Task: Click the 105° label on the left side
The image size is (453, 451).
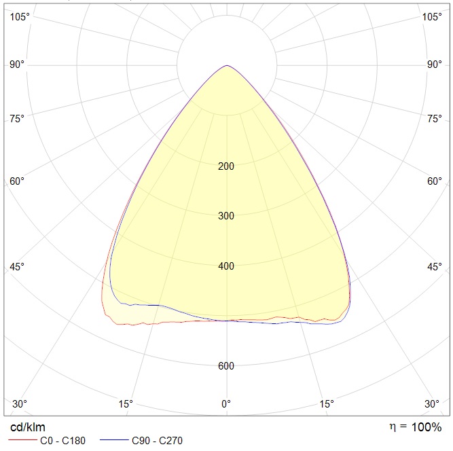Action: [x=20, y=17]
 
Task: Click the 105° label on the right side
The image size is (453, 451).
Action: [x=432, y=17]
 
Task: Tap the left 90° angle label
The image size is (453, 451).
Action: [x=17, y=65]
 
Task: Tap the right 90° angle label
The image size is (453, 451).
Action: [x=435, y=65]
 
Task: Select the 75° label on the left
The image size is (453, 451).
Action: [x=17, y=118]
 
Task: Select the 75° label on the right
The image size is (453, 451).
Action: [x=435, y=118]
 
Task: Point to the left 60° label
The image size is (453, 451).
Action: [x=17, y=181]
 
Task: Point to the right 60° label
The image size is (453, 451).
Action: [x=435, y=181]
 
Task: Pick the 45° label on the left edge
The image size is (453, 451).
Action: [x=17, y=267]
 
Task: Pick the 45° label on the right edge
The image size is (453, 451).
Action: [x=435, y=267]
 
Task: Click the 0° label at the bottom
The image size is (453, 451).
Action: [x=226, y=403]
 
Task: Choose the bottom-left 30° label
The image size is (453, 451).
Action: [x=20, y=403]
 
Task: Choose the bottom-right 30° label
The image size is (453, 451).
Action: [x=432, y=403]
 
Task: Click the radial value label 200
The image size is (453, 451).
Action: [x=226, y=166]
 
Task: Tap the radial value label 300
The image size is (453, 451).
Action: [x=226, y=216]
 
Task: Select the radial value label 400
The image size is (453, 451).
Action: [x=226, y=266]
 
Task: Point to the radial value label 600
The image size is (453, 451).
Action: [x=226, y=366]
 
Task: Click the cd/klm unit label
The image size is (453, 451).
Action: [x=28, y=427]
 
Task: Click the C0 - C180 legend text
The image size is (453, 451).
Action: [x=63, y=441]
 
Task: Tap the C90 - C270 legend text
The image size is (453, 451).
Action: [x=157, y=441]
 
